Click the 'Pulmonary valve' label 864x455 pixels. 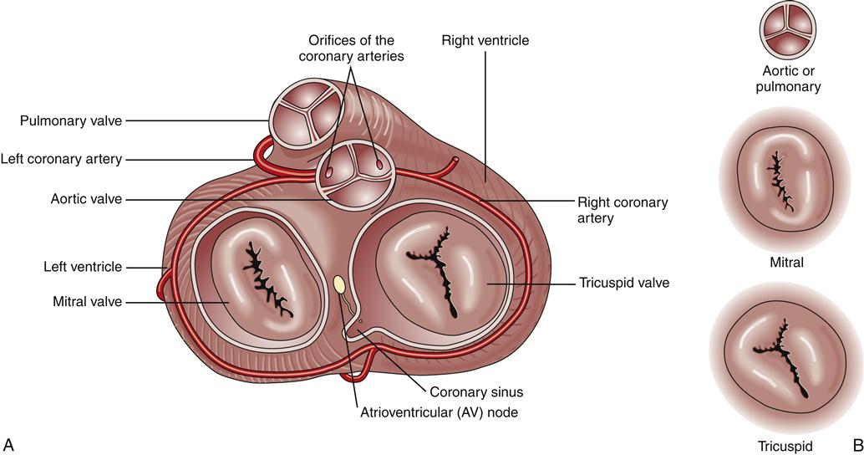72,121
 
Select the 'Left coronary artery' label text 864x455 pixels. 62,158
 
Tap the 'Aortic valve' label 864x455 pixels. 86,199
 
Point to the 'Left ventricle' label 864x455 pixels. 83,267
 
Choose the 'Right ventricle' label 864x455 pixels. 485,39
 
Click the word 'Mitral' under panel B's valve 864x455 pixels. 786,263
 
